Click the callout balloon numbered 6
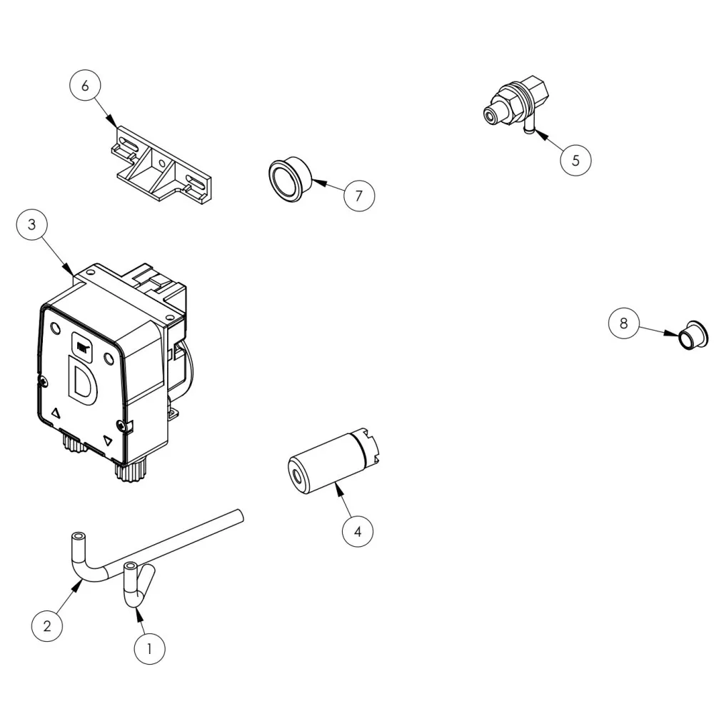[x=85, y=86]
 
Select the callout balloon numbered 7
[x=358, y=195]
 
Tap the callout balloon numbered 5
[x=575, y=160]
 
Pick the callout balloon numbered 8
[x=623, y=323]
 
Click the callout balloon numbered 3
[x=31, y=225]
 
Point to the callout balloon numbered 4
[x=358, y=531]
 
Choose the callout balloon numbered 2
[x=47, y=627]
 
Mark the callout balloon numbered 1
[x=149, y=648]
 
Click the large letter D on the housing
[x=81, y=378]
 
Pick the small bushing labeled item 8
[x=693, y=336]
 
